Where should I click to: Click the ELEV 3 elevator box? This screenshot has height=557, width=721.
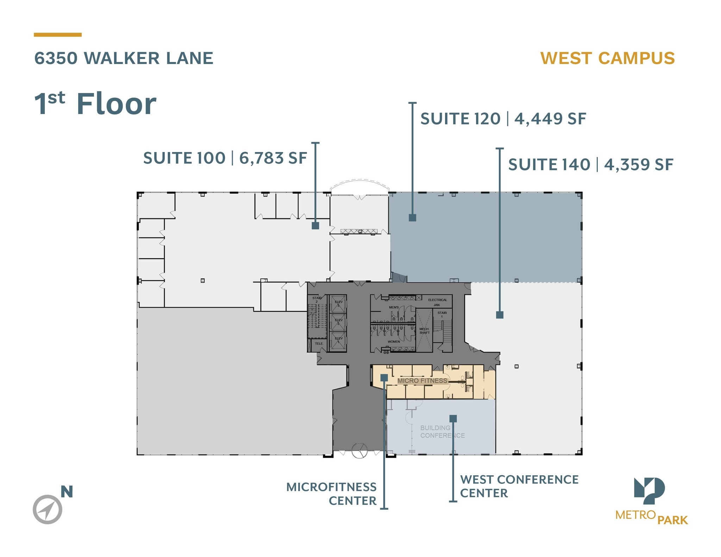pyautogui.click(x=338, y=304)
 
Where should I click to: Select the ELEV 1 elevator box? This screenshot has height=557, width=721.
pyautogui.click(x=338, y=340)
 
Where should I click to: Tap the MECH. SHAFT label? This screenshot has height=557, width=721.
pyautogui.click(x=424, y=331)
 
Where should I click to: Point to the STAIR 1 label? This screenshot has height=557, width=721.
pyautogui.click(x=442, y=314)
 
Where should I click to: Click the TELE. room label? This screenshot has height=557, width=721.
pyautogui.click(x=319, y=343)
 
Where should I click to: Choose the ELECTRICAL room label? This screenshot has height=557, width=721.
pyautogui.click(x=438, y=300)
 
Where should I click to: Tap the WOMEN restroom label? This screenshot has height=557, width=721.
pyautogui.click(x=394, y=342)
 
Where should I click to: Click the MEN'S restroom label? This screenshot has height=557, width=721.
pyautogui.click(x=394, y=307)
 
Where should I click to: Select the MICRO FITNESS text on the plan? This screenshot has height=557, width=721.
pyautogui.click(x=422, y=381)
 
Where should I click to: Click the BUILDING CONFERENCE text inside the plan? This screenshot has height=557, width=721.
pyautogui.click(x=442, y=432)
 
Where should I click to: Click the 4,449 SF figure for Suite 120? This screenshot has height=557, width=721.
pyautogui.click(x=550, y=119)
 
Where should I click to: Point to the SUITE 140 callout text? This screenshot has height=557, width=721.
pyautogui.click(x=549, y=165)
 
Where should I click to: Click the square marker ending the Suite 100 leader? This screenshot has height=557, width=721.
pyautogui.click(x=315, y=226)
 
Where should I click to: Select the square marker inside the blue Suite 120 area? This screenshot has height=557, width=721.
pyautogui.click(x=412, y=217)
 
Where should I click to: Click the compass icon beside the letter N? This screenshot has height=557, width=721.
pyautogui.click(x=48, y=509)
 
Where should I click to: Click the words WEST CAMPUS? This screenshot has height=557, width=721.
pyautogui.click(x=607, y=58)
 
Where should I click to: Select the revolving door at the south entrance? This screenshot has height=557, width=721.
pyautogui.click(x=359, y=451)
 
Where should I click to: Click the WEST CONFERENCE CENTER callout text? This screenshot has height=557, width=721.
pyautogui.click(x=519, y=486)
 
